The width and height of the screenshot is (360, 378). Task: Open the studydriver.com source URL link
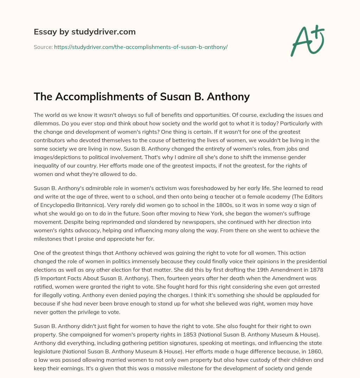pyautogui.click(x=141, y=47)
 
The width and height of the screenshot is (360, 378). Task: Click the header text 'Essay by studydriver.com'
pyautogui.click(x=84, y=32)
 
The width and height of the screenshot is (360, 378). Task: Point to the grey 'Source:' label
pyautogui.click(x=43, y=47)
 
